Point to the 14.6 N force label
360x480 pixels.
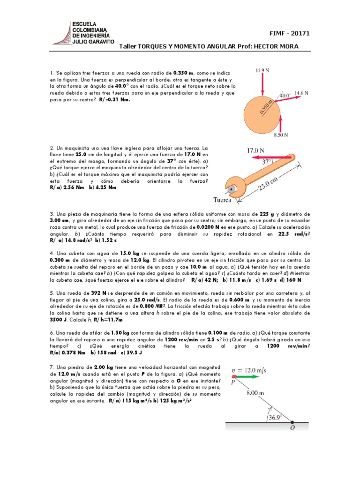[x=301, y=93]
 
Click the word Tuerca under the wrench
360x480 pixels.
[x=223, y=200]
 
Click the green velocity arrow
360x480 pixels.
[x=247, y=376]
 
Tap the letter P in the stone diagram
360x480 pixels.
[x=232, y=382]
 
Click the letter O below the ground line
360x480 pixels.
[x=292, y=427]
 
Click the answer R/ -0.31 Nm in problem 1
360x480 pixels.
[x=115, y=99]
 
